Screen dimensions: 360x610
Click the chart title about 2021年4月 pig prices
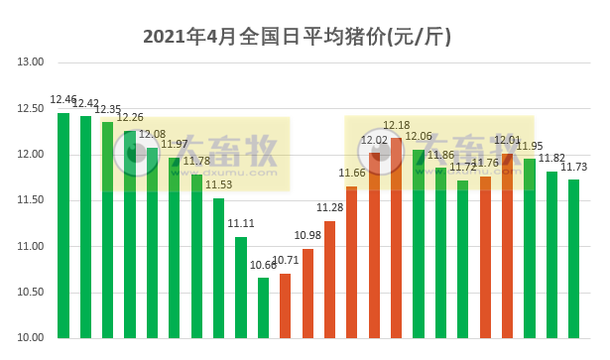pyautogui.click(x=298, y=37)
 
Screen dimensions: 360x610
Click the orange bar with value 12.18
pyautogui.click(x=397, y=238)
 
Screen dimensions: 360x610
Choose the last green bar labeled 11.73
pyautogui.click(x=573, y=259)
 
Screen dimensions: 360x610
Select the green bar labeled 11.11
pyautogui.click(x=241, y=287)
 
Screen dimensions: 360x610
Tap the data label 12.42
pyautogui.click(x=85, y=103)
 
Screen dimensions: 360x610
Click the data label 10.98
pyautogui.click(x=307, y=235)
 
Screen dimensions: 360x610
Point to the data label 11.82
pyautogui.click(x=551, y=158)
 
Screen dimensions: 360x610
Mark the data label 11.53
pyautogui.click(x=218, y=184)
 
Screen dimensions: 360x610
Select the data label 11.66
pyautogui.click(x=352, y=173)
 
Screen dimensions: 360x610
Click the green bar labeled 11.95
pyautogui.click(x=530, y=248)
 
